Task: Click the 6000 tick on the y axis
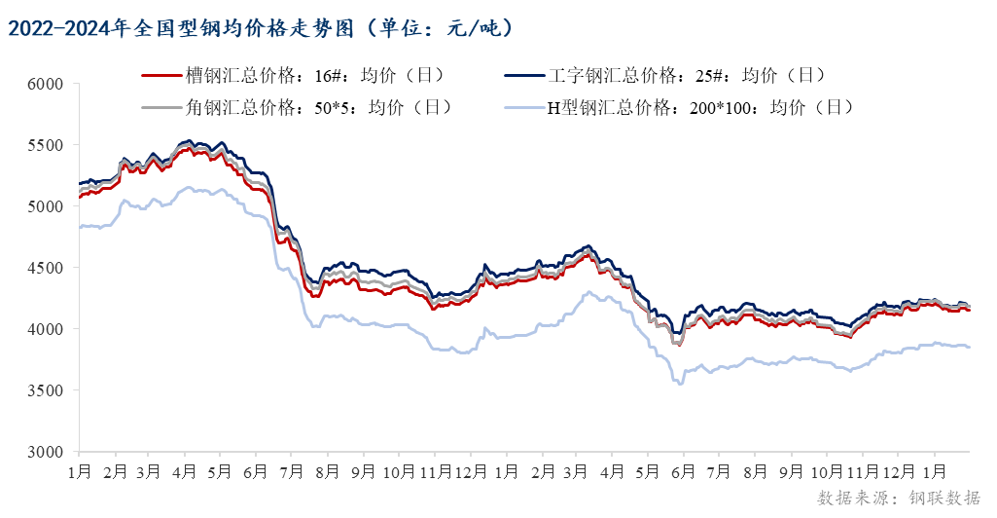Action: (46, 85)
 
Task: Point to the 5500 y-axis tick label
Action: (46, 146)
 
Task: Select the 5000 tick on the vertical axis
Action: (46, 206)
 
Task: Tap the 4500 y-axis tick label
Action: (46, 268)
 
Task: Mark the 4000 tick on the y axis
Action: (46, 329)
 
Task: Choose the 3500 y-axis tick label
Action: (46, 390)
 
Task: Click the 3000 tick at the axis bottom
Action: (46, 452)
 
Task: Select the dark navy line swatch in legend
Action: (524, 75)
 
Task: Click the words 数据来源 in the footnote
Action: (848, 499)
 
